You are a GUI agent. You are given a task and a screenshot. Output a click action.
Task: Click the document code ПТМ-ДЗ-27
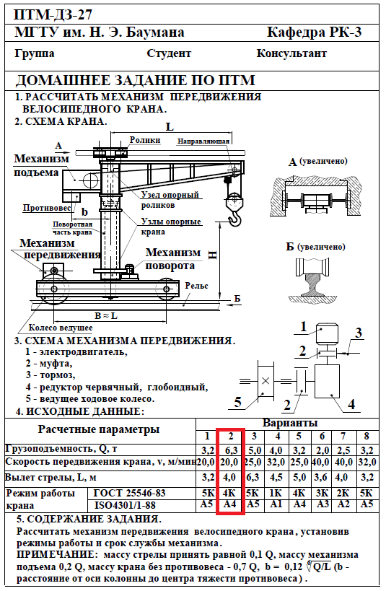point(53,14)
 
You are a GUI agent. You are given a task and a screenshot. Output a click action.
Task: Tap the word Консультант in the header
point(291,53)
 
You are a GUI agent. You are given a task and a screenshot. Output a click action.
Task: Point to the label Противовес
point(47,208)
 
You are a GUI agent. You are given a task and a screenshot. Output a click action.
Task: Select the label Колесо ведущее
point(61,328)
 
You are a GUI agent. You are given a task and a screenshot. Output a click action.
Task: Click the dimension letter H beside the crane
point(212,255)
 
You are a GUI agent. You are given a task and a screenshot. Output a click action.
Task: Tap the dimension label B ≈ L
point(105,316)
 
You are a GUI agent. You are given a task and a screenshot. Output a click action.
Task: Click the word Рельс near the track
point(196,286)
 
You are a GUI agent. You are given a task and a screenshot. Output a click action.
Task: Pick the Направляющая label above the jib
point(203,141)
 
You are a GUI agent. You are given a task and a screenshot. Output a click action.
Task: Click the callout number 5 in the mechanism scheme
point(237,402)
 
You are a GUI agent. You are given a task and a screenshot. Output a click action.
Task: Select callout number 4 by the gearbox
point(351,404)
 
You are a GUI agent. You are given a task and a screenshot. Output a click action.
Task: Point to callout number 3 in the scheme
point(358,333)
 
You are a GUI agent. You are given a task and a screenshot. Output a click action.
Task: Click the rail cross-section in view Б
point(312,283)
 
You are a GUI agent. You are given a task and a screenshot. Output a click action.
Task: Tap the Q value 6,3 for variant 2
point(231,450)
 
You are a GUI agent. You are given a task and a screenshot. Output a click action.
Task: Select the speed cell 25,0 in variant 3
point(253,462)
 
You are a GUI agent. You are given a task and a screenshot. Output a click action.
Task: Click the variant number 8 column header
point(367,436)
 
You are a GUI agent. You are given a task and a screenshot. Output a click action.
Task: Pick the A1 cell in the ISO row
point(276,504)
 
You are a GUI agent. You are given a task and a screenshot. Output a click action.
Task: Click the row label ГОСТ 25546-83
point(129,493)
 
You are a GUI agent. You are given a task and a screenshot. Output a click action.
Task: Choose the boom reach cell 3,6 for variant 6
point(321,477)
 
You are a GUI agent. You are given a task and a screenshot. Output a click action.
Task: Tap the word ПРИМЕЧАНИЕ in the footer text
point(55,554)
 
